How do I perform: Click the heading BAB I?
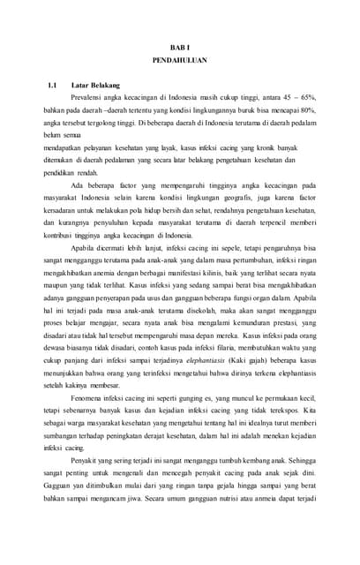pos(180,45)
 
